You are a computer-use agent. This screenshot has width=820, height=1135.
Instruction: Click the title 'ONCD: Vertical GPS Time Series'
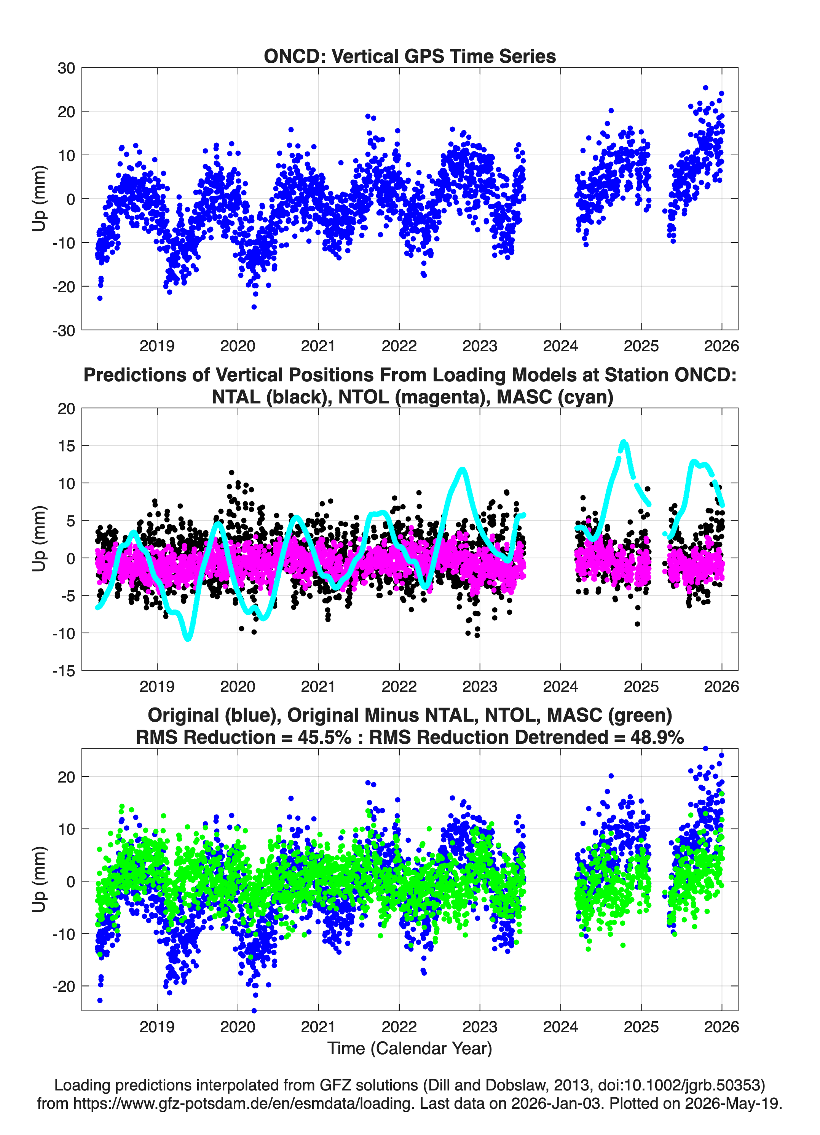coord(410,56)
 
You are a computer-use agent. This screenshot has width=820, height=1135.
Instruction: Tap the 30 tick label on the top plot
coord(66,68)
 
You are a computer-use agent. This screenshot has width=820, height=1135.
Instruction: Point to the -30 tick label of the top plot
coord(64,330)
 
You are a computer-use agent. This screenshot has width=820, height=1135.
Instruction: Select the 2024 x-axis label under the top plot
coord(560,346)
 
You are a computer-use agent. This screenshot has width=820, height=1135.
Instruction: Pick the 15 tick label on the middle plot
coord(66,445)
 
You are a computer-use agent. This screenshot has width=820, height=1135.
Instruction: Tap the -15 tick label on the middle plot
coord(64,671)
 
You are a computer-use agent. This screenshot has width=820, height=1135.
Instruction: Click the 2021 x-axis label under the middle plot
coord(318,686)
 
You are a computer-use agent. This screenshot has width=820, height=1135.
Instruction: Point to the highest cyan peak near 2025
coord(623,442)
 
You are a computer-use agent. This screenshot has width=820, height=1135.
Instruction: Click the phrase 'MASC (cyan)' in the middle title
coord(555,397)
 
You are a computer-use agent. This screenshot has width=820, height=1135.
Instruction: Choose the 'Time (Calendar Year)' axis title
coord(410,1048)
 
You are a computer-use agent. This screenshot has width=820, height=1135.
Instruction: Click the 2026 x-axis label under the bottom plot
coord(721,1027)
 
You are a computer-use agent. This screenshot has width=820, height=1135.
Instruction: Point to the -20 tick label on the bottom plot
coord(64,986)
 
